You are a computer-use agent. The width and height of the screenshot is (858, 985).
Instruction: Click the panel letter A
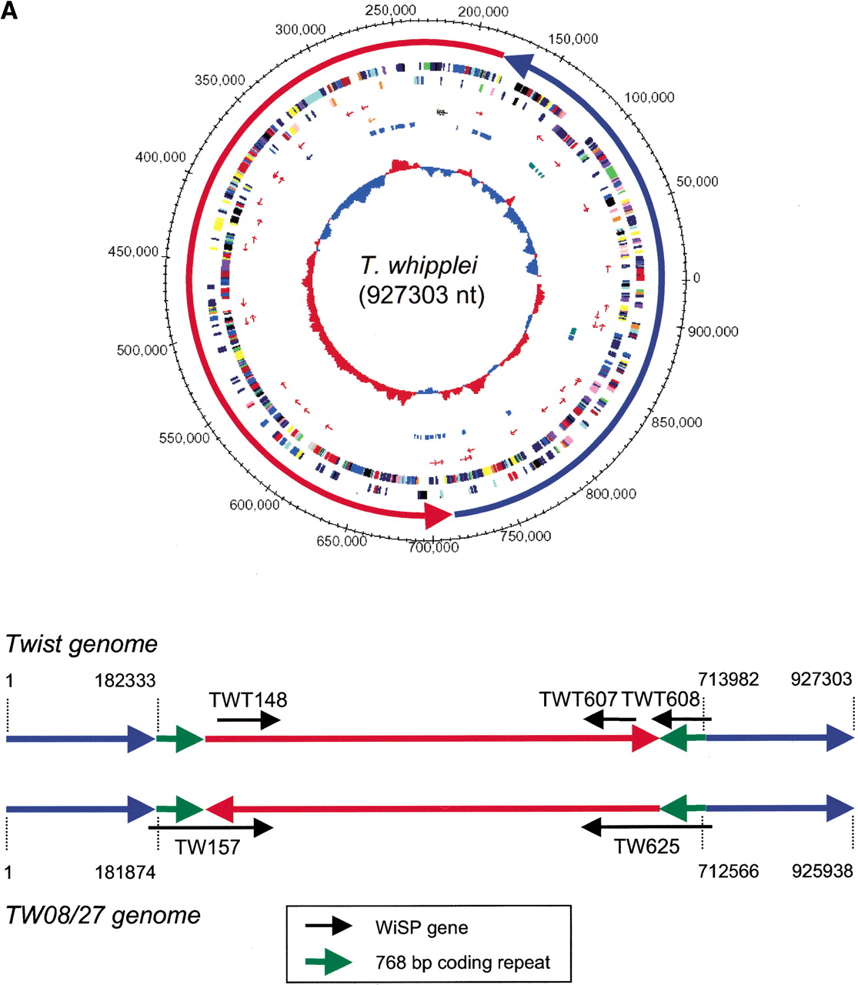click(9, 11)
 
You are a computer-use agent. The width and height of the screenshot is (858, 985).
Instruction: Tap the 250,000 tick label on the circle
click(391, 10)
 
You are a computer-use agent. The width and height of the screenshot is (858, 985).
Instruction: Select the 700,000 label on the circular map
click(433, 547)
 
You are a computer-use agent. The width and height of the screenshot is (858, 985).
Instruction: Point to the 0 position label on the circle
click(696, 278)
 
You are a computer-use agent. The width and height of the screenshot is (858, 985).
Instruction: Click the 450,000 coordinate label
click(133, 252)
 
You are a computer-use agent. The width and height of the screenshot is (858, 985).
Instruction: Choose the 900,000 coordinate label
click(713, 331)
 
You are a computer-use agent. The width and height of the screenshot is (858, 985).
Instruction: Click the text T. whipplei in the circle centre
click(419, 265)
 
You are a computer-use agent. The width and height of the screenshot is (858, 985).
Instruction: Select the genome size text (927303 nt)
click(422, 295)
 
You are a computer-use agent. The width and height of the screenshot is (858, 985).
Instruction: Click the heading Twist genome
click(82, 643)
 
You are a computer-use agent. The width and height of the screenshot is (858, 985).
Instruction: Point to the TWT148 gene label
click(248, 700)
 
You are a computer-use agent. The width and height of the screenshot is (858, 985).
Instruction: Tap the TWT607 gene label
click(578, 699)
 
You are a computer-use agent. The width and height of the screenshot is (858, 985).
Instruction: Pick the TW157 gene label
click(207, 846)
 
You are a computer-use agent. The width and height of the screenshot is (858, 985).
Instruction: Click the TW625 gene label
click(646, 846)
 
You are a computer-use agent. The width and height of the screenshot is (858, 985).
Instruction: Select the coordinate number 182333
click(125, 681)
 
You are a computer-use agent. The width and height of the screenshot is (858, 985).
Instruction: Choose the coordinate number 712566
click(729, 871)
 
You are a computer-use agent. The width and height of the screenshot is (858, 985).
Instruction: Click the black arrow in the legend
click(329, 926)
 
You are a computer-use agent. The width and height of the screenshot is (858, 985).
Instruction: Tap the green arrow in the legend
click(329, 962)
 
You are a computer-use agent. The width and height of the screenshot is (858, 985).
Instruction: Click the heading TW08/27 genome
click(103, 916)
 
